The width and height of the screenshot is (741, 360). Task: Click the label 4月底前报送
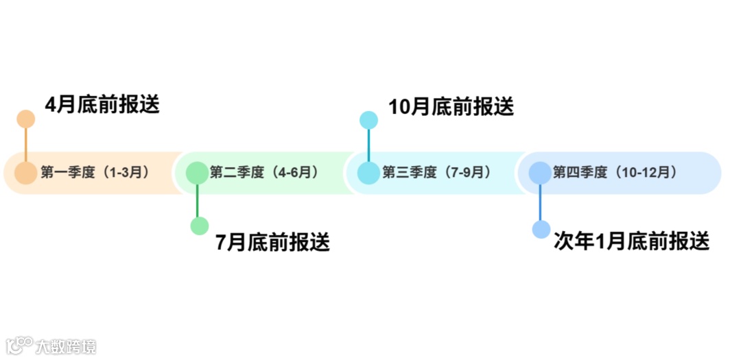click(x=102, y=105)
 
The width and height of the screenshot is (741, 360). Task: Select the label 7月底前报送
click(x=272, y=242)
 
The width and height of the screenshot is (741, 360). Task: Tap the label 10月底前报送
click(x=451, y=107)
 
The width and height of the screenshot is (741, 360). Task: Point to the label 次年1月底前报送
click(x=631, y=241)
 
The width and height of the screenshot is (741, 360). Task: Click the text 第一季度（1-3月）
click(x=95, y=172)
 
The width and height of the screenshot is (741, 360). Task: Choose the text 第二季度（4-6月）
click(x=264, y=172)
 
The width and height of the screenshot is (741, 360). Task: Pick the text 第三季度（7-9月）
click(x=436, y=172)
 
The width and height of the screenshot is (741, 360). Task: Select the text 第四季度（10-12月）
click(x=615, y=172)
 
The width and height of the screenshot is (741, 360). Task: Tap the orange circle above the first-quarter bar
click(x=25, y=119)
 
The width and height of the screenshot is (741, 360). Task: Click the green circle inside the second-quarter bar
click(x=197, y=173)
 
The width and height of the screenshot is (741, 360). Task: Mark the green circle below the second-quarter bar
click(x=199, y=226)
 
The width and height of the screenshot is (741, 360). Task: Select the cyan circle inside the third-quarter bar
click(x=368, y=173)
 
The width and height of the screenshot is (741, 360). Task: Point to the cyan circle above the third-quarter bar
click(x=368, y=120)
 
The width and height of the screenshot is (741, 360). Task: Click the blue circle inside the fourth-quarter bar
click(x=540, y=173)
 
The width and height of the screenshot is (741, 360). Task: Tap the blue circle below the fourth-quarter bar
click(x=541, y=229)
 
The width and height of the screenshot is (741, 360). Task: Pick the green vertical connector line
click(x=198, y=200)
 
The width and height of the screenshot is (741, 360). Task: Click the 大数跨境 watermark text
click(x=67, y=346)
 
